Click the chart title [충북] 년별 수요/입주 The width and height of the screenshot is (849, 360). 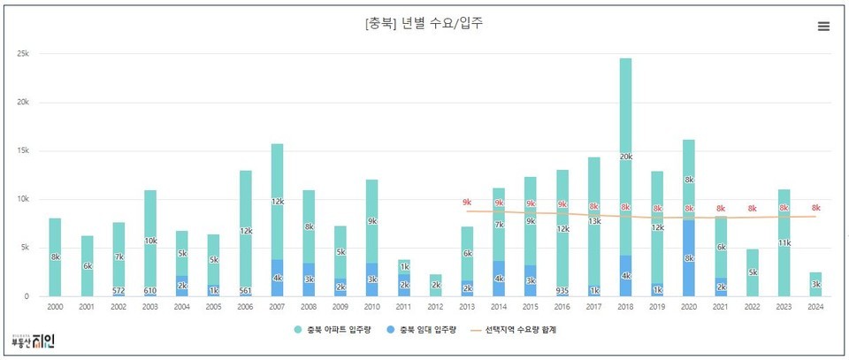(424, 24)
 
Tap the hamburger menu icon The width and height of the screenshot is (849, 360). (823, 27)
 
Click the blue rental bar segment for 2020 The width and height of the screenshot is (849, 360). (689, 258)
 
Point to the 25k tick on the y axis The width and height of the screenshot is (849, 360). (23, 54)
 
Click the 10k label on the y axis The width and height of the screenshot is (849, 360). (23, 199)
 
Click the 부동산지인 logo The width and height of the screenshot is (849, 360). (33, 341)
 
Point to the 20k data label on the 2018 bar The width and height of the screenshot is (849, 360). (625, 157)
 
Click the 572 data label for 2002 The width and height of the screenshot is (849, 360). (119, 290)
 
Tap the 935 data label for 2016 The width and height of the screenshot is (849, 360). (562, 290)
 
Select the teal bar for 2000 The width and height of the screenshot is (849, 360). (55, 257)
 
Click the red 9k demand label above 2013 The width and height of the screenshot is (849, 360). (467, 203)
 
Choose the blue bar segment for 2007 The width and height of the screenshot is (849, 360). (277, 278)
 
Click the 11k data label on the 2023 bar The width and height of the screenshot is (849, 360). (784, 243)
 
